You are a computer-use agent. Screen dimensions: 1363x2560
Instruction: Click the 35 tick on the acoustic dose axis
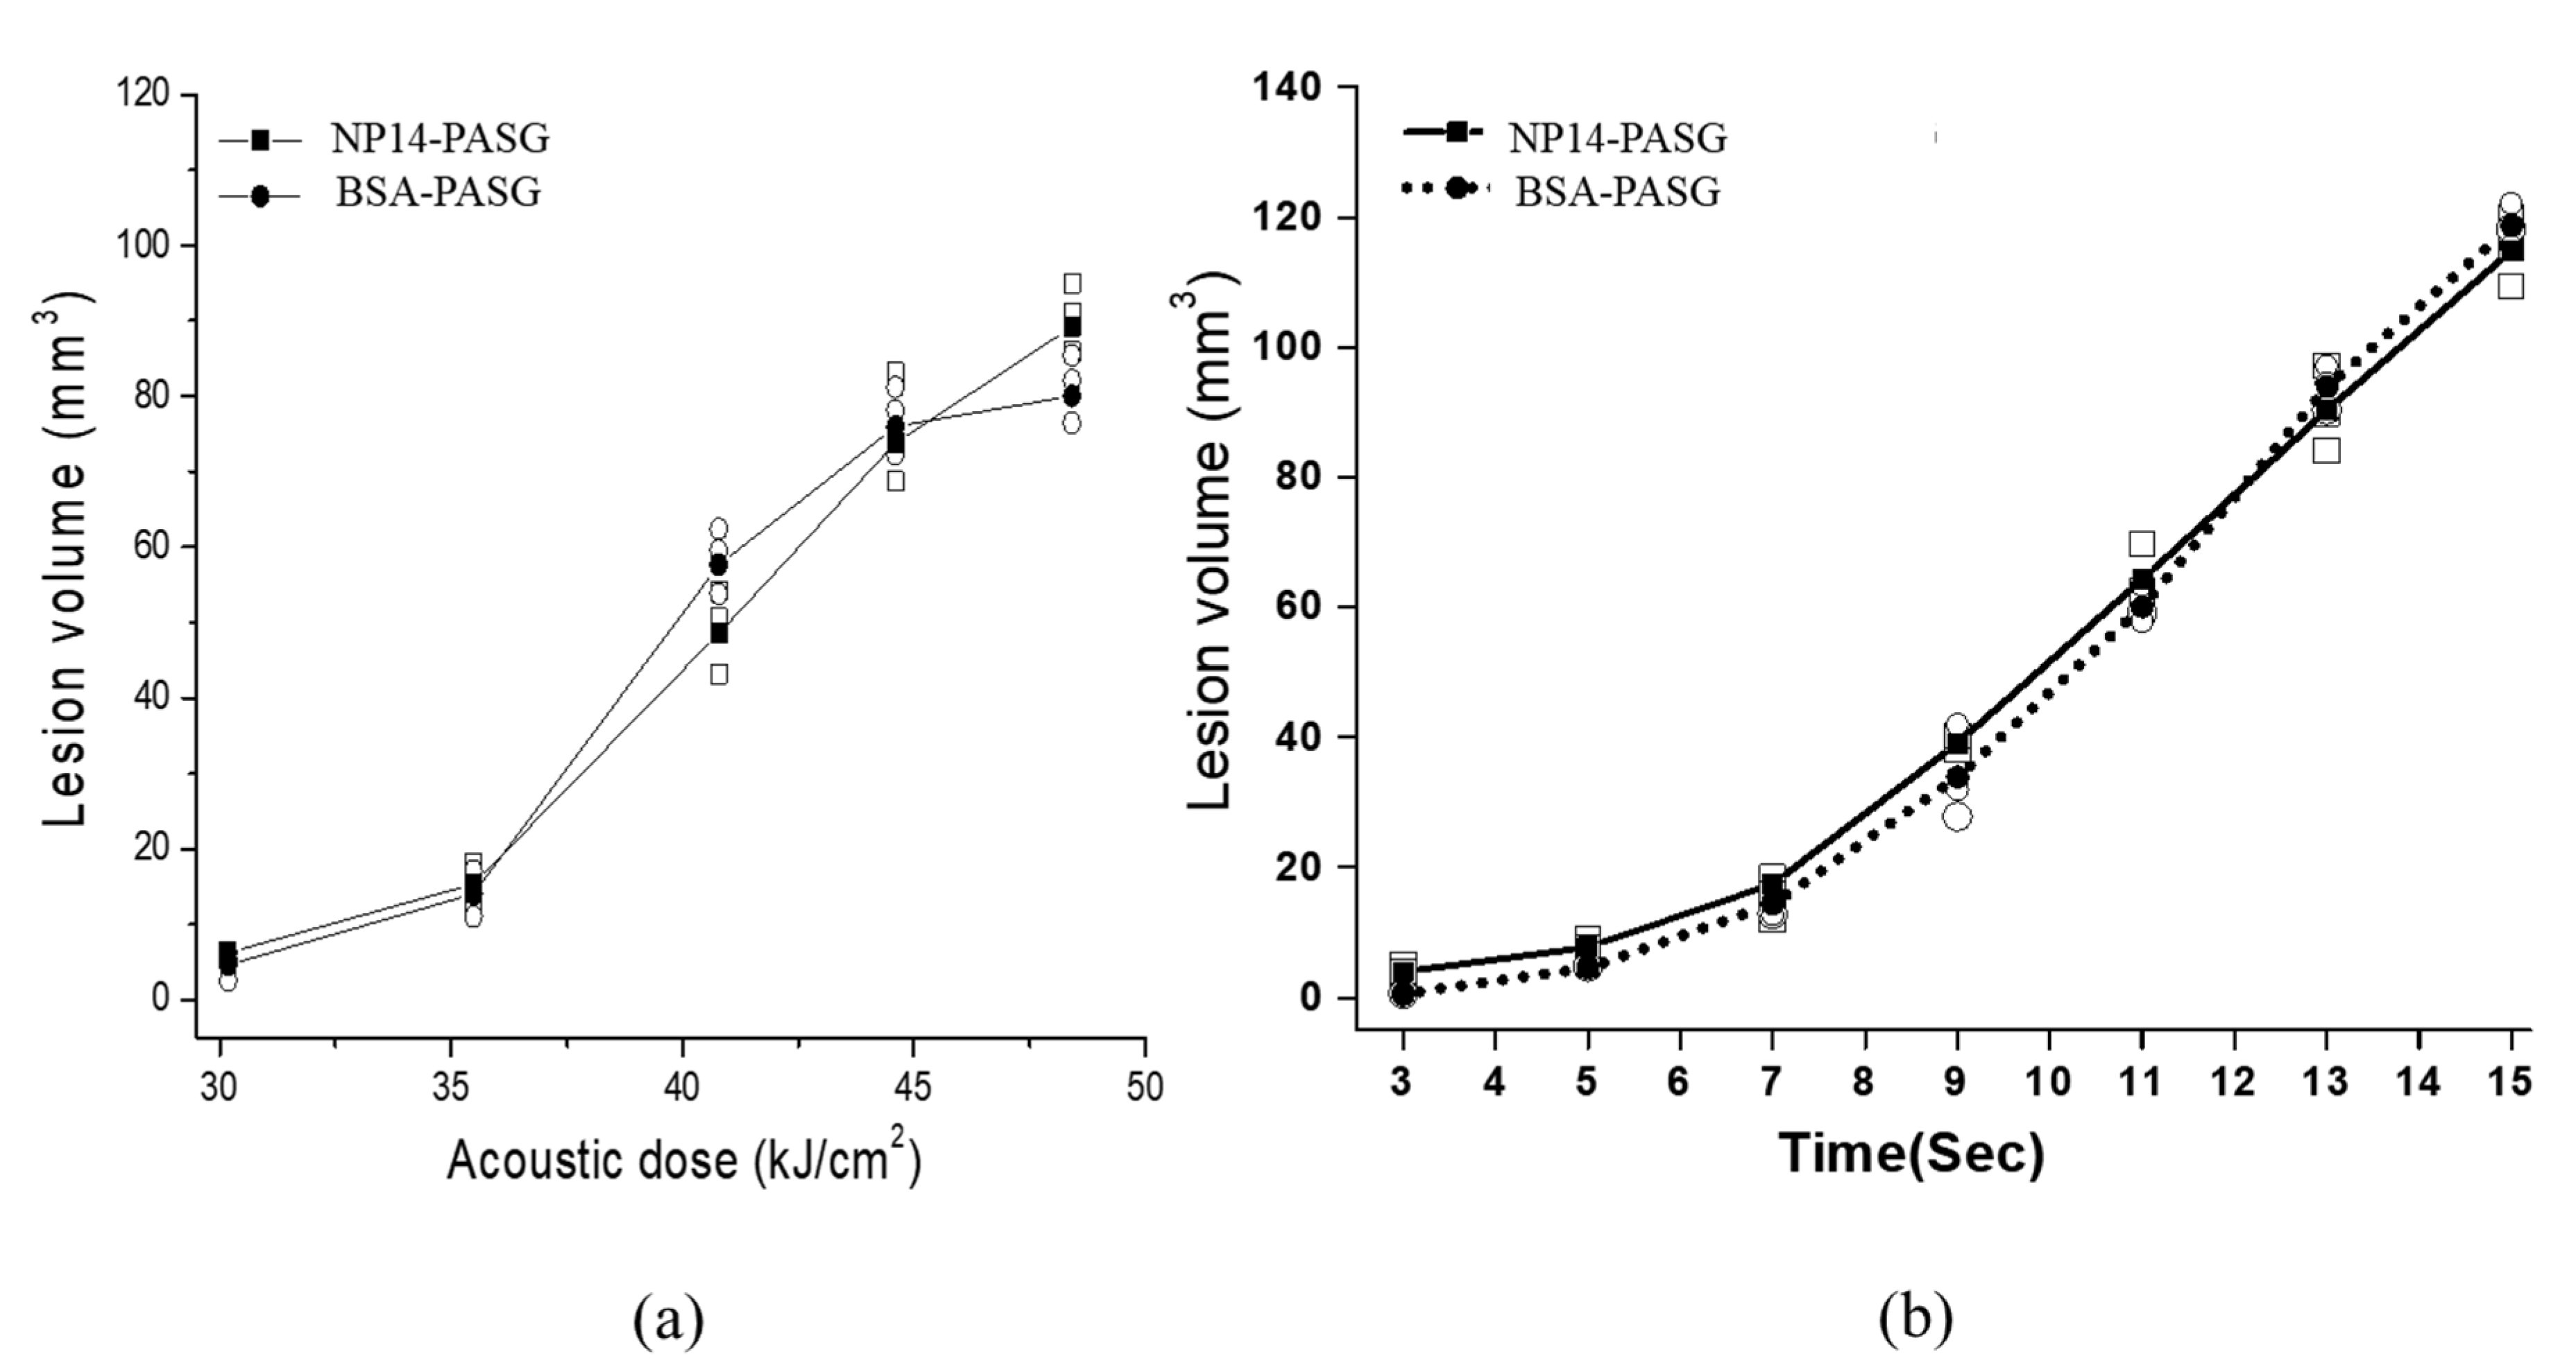[x=451, y=1087]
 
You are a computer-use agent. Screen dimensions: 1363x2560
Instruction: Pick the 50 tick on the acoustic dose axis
[x=1145, y=1087]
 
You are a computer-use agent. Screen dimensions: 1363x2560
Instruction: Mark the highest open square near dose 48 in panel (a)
[x=1073, y=284]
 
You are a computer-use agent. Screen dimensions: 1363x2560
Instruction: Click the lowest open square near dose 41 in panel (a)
[x=719, y=675]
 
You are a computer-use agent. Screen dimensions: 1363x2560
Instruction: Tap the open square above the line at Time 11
[x=2142, y=544]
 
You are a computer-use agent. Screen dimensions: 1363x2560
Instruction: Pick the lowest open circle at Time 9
[x=1957, y=817]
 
